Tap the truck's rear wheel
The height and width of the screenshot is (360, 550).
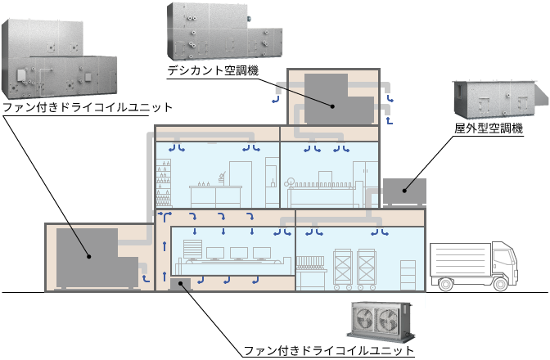(445, 285)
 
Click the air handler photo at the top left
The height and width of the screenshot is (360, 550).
(57, 61)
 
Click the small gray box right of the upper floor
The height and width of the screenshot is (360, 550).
(404, 191)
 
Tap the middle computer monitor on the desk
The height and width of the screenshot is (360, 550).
(239, 253)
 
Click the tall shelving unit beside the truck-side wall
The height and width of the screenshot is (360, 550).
(408, 273)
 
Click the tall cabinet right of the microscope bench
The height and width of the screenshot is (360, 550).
(241, 184)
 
